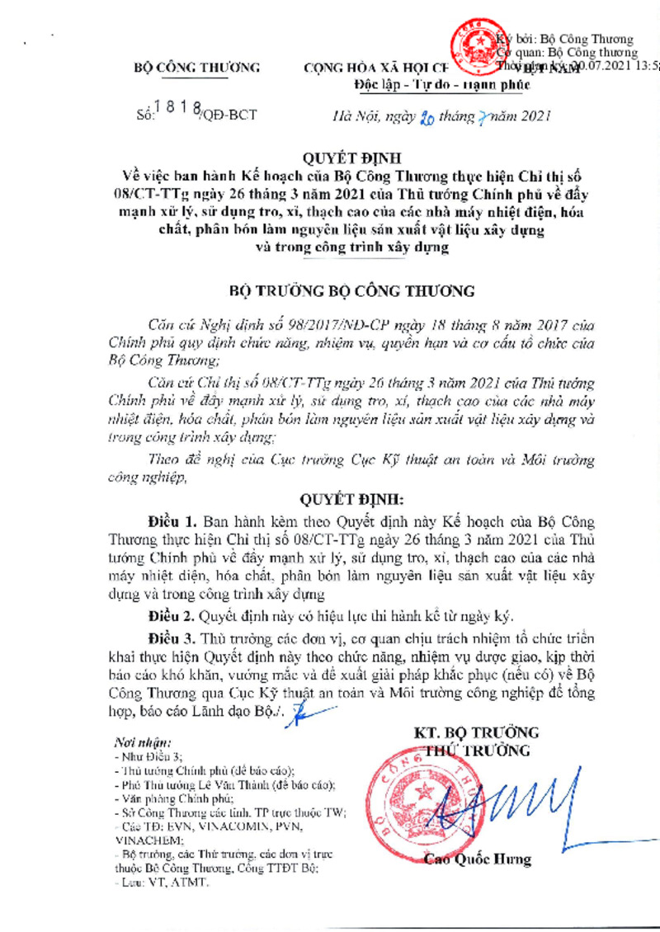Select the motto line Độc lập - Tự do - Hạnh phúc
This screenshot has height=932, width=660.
click(x=436, y=84)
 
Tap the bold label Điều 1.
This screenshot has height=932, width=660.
click(x=172, y=523)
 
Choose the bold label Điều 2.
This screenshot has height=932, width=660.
click(x=172, y=615)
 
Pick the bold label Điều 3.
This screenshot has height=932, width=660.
click(x=172, y=639)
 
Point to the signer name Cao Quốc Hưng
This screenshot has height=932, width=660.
click(x=478, y=859)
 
